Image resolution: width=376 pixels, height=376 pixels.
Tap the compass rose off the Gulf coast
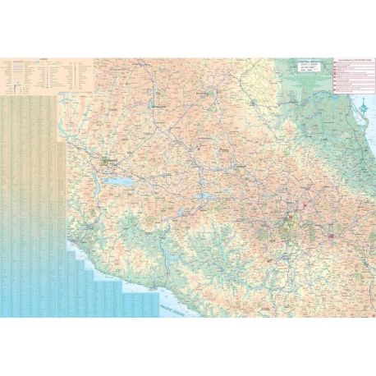362,107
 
